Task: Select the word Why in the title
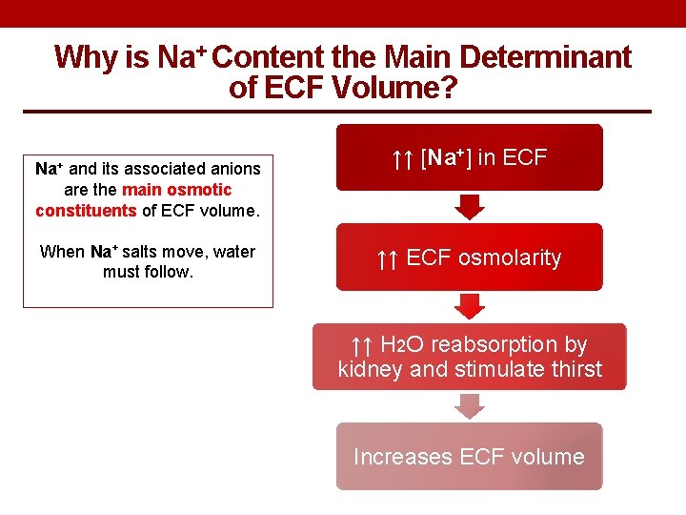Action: click(85, 57)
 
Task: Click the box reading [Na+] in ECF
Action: click(469, 158)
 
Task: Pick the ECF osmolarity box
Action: click(469, 257)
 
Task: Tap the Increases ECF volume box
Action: click(469, 457)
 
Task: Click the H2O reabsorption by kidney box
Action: click(469, 357)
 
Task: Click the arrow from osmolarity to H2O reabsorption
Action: click(469, 306)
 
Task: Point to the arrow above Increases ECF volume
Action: click(469, 406)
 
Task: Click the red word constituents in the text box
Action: click(86, 210)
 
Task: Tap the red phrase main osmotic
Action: click(176, 190)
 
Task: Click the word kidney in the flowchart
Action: click(370, 369)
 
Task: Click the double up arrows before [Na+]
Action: click(402, 159)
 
